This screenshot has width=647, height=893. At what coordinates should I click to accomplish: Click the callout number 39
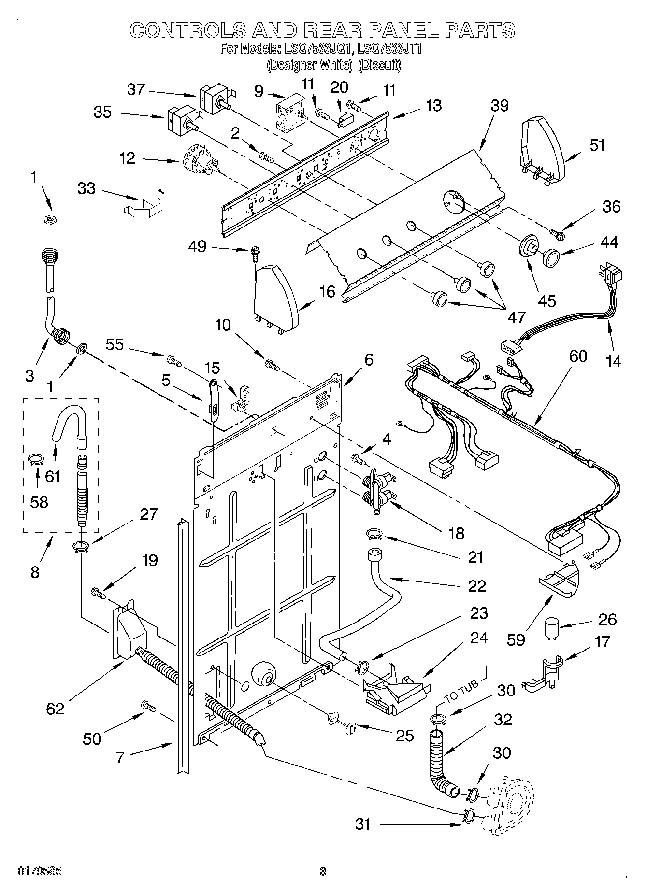[499, 106]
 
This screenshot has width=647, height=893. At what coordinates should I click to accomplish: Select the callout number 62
[55, 709]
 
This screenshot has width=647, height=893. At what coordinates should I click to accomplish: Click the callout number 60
[577, 356]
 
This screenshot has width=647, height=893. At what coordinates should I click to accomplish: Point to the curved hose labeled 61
[69, 419]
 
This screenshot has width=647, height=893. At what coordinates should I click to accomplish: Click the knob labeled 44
[550, 257]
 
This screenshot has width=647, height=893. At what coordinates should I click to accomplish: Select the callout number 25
[405, 735]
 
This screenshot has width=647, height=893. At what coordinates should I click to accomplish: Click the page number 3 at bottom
[323, 871]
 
